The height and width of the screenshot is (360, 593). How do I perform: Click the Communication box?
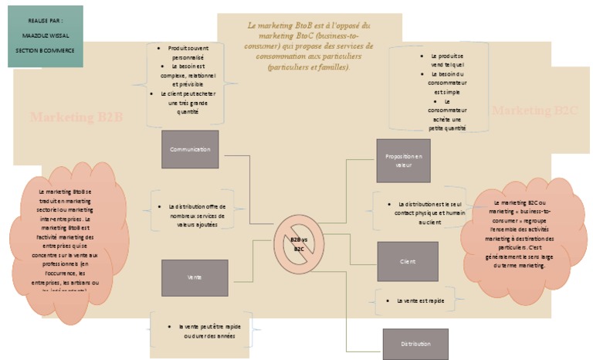190,149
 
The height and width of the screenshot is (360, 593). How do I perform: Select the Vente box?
195,277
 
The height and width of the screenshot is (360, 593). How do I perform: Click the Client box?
408,261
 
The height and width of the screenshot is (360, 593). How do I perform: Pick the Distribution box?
415,343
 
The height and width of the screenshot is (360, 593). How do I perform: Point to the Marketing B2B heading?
77,117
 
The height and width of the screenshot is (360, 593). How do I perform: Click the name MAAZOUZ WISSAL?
45,36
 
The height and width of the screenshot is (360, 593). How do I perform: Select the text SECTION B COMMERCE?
45,49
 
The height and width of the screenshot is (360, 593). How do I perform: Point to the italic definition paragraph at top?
308,46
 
